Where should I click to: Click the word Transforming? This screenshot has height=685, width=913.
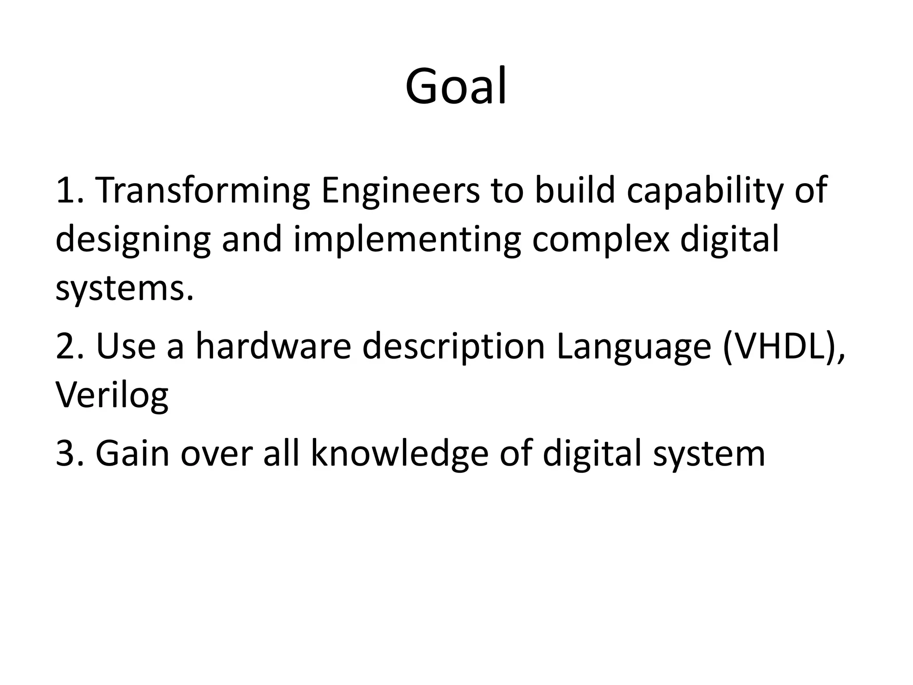point(203,191)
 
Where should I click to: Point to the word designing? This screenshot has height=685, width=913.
point(133,240)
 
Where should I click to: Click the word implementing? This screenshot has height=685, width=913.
point(407,240)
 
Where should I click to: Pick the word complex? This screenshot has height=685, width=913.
point(600,240)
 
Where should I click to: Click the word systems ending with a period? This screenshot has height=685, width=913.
point(125,289)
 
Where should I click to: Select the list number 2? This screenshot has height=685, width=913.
point(69,347)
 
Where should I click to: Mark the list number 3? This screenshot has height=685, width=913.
point(69,454)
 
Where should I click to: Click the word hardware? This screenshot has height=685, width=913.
point(273,347)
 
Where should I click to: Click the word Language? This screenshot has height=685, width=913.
point(633,347)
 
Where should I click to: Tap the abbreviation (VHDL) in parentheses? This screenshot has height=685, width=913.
point(782,347)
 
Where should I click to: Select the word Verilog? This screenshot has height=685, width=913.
point(111,396)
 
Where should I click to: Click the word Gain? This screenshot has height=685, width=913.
point(132,454)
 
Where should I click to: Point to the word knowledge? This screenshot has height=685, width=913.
point(399,454)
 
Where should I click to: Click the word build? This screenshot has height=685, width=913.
point(575,191)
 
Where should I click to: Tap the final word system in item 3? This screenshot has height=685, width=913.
point(709,454)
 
